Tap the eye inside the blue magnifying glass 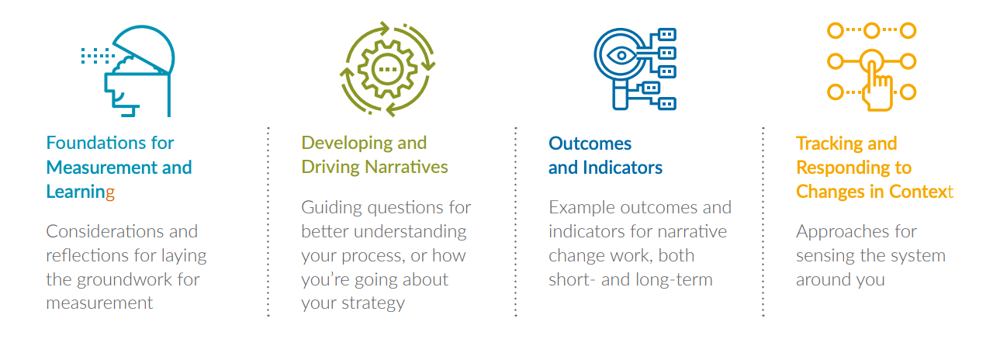621,56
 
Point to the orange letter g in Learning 109,192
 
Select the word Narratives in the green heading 407,167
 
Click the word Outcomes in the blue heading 590,144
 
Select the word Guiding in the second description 331,208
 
